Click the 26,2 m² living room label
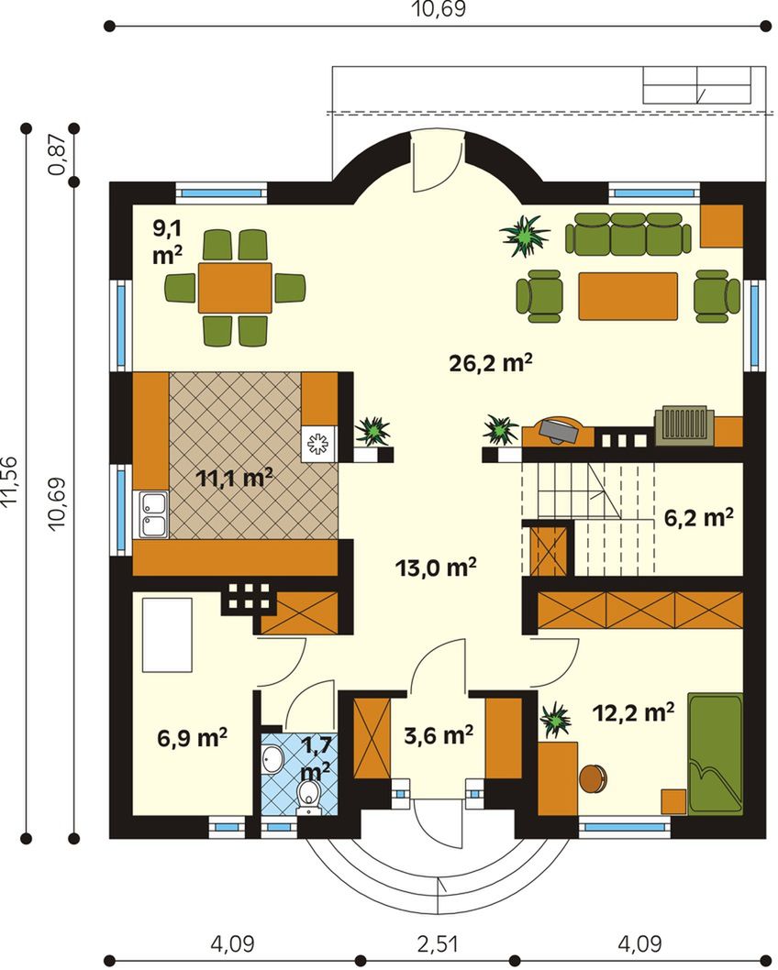coord(491,363)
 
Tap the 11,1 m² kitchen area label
coord(234,478)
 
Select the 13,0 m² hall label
coord(436,567)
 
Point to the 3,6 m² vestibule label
coord(439,735)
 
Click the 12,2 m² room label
coord(633,712)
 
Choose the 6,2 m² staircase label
coord(699,517)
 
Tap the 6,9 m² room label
coord(192,737)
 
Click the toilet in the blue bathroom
coord(308,794)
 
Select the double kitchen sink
coord(153,514)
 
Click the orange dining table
coord(235,288)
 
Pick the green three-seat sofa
coord(628,234)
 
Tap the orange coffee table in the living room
coord(628,296)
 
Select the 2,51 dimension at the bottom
coord(439,944)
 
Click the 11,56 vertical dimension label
coord(12,482)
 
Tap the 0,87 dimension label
coord(60,155)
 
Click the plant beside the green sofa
coord(525,236)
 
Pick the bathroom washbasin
coord(271,759)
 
